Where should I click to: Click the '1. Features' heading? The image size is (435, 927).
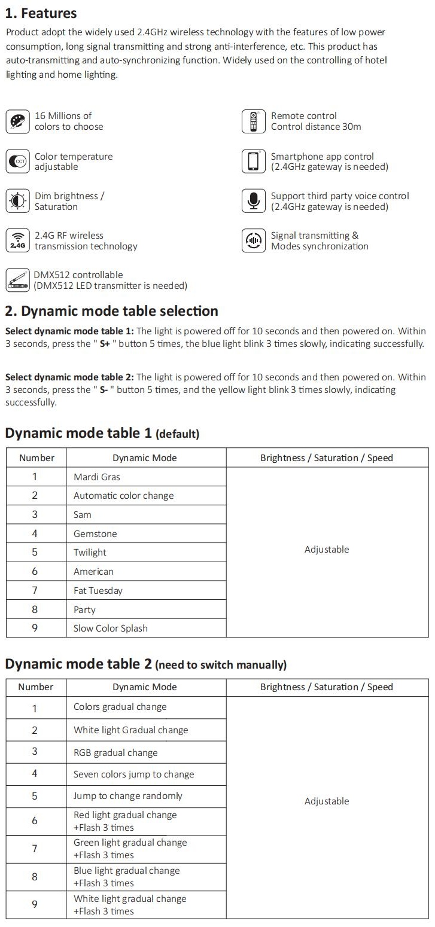pyautogui.click(x=41, y=13)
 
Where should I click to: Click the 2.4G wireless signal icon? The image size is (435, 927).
pyautogui.click(x=18, y=240)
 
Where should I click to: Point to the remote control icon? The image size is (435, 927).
pyautogui.click(x=253, y=121)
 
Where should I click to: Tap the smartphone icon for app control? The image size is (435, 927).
pyautogui.click(x=253, y=161)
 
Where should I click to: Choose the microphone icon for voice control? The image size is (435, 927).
pyautogui.click(x=253, y=201)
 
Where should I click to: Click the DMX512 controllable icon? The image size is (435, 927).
pyautogui.click(x=17, y=280)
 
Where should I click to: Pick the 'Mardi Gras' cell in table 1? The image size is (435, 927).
pyautogui.click(x=97, y=477)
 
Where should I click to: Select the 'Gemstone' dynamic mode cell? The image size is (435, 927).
pyautogui.click(x=95, y=533)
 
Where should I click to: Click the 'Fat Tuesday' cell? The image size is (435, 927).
pyautogui.click(x=98, y=590)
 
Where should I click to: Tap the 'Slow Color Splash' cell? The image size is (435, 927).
pyautogui.click(x=110, y=628)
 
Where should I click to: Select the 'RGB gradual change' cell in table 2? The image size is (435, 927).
pyautogui.click(x=115, y=752)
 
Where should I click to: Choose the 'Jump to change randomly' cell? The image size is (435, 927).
pyautogui.click(x=128, y=795)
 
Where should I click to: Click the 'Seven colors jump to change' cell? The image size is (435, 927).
pyautogui.click(x=133, y=774)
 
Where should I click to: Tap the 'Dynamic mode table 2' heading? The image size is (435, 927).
pyautogui.click(x=78, y=663)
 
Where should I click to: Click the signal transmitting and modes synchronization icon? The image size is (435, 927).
pyautogui.click(x=253, y=240)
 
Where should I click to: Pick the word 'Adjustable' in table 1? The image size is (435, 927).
pyautogui.click(x=327, y=549)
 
